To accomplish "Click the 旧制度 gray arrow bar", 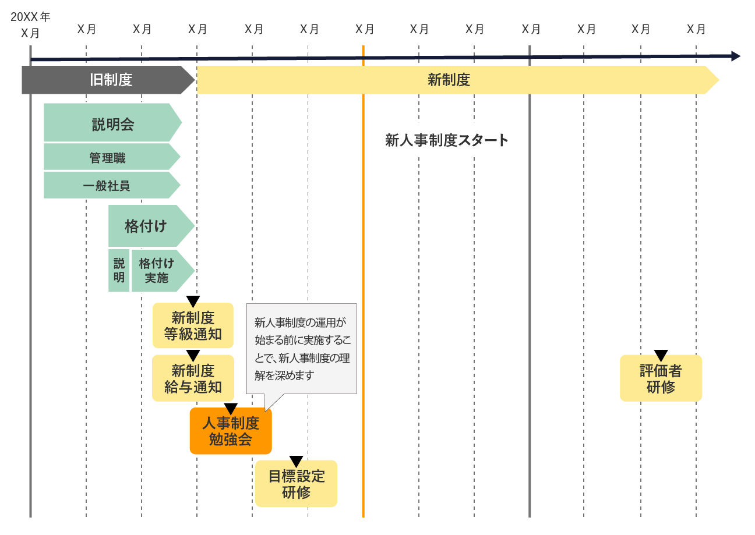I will pos(108,80).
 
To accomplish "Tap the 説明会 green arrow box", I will pos(112,123).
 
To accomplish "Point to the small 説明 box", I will pos(119,271).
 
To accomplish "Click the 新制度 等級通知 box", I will pos(193,326).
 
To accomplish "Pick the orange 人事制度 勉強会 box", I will pos(231,431).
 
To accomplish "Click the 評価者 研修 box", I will pos(661,379).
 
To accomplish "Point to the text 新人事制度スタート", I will pos(447,140).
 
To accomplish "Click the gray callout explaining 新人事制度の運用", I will pos(301,348).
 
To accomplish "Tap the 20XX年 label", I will pos(30,17).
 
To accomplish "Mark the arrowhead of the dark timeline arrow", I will pos(736,56).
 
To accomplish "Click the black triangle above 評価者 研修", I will pos(661,355).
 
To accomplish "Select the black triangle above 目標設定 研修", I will pos(296,461).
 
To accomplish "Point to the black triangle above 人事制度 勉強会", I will pos(231,409).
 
